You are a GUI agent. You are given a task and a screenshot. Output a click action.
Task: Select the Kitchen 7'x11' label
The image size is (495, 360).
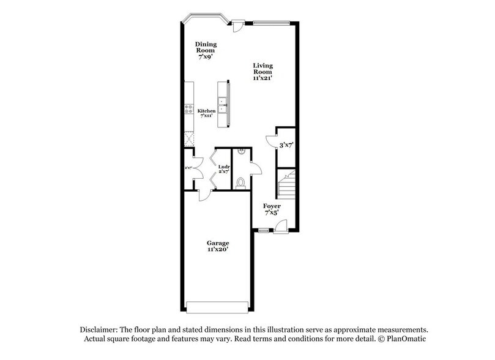pyautogui.click(x=206, y=114)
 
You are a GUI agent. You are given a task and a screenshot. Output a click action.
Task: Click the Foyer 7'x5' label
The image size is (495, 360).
pyautogui.click(x=272, y=210)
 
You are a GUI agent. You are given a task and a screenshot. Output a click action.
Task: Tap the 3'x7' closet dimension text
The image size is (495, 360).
pyautogui.click(x=285, y=146)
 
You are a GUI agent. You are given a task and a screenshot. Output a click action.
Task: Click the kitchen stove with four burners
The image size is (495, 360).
pyautogui.click(x=188, y=110)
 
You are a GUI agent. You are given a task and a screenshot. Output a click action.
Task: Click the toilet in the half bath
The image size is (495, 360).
pyautogui.click(x=240, y=182)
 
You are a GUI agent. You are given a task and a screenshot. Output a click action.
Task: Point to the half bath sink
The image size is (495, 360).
pyautogui.click(x=242, y=151)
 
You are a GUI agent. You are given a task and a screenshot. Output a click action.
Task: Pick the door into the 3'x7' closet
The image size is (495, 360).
pyautogui.click(x=271, y=140)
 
